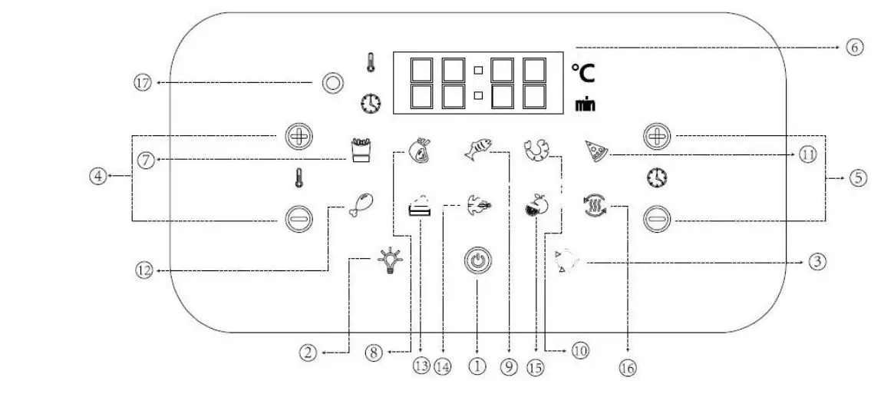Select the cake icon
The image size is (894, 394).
coord(420,207)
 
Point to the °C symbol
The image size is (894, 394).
coord(582,73)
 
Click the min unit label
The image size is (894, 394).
coord(585,104)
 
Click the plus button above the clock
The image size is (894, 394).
coord(657,137)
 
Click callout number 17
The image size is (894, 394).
coord(143,82)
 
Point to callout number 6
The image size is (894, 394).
coord(855,47)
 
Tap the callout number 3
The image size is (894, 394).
coord(817,262)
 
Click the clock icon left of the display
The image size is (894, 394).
coord(371,103)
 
